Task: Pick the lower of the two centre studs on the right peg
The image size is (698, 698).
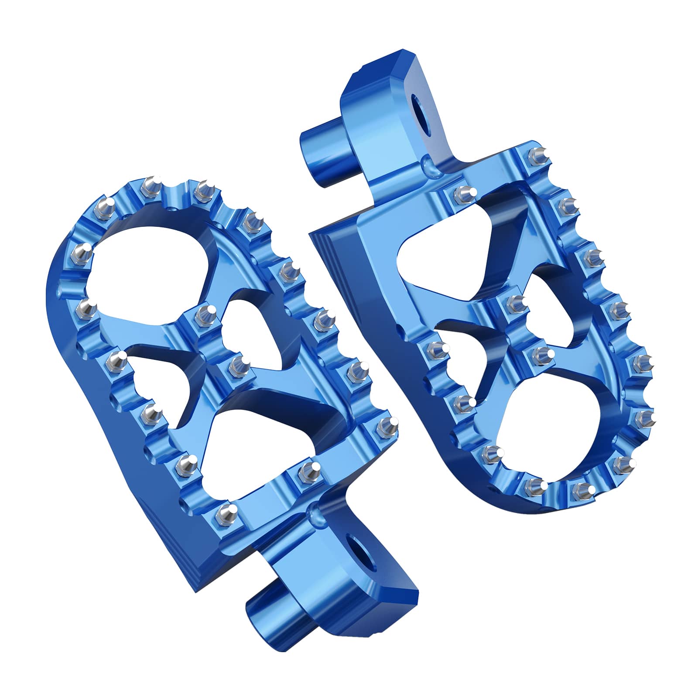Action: (x=541, y=353)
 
